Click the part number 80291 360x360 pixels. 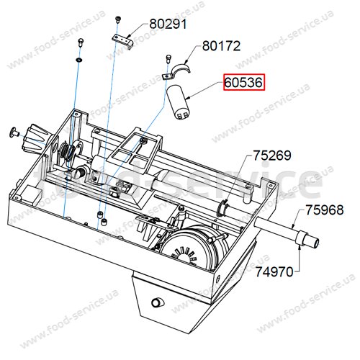point(168,24)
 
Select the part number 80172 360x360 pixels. point(221,46)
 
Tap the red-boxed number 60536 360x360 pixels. point(244,83)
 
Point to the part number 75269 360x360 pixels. point(272,156)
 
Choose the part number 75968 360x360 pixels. point(324,210)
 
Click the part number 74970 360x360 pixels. point(274,272)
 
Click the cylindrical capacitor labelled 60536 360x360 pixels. point(179,102)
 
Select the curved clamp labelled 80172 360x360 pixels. point(182,68)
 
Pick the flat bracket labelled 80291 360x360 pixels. point(122,41)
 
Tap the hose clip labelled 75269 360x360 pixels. point(222,207)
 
